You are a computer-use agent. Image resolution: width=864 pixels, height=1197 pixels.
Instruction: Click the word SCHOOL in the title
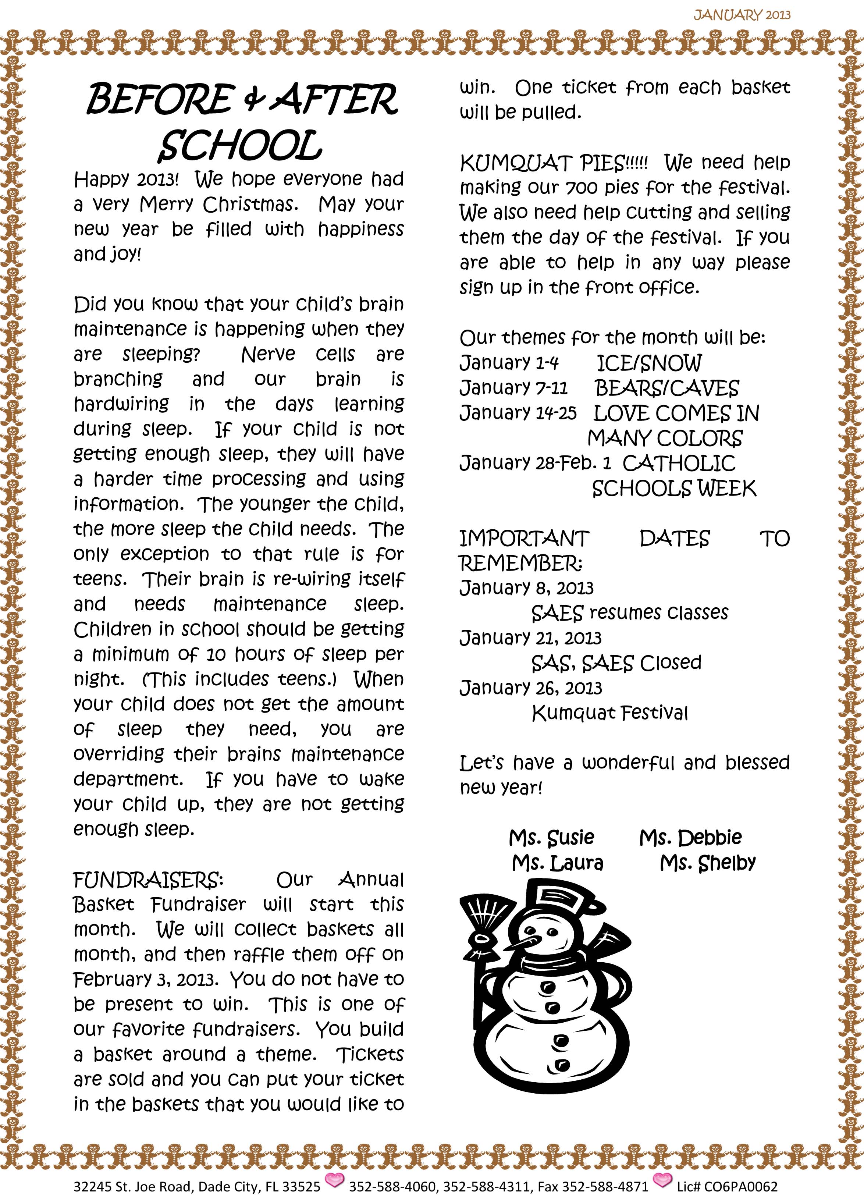[240, 146]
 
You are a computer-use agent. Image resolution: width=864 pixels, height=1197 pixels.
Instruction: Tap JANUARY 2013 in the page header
[742, 15]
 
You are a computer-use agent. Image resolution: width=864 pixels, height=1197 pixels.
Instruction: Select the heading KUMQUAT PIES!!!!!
[553, 164]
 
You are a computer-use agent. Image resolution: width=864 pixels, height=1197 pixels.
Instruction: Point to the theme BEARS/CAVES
[666, 388]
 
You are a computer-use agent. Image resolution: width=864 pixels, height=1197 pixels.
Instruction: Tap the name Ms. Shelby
[707, 863]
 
